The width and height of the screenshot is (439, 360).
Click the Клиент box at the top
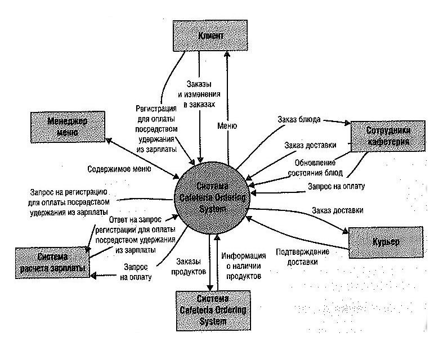[211, 37]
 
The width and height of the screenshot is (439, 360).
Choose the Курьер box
[385, 242]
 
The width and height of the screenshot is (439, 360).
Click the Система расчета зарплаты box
[52, 262]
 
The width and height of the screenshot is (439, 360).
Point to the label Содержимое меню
[119, 168]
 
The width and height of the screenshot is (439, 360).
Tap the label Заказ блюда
[299, 119]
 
